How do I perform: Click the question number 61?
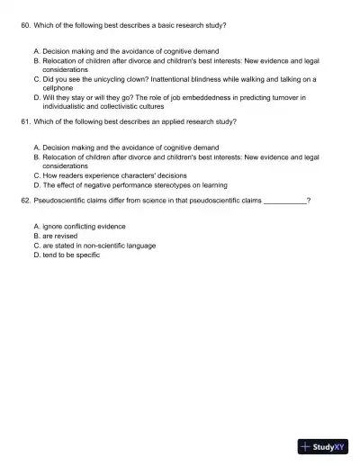24,120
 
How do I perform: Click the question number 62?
24,202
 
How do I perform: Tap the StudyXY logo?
323,446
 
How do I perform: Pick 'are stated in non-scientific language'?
99,245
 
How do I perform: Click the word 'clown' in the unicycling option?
146,77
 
